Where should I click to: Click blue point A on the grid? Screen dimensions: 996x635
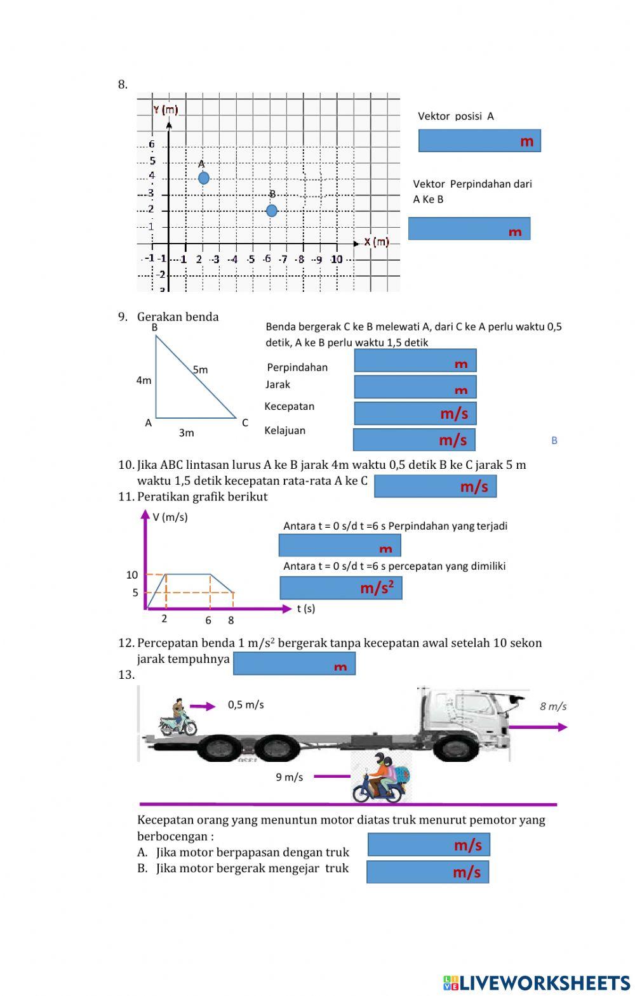coord(203,178)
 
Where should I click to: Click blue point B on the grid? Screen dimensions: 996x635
coord(272,210)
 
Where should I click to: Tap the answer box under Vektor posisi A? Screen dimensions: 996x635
coord(479,140)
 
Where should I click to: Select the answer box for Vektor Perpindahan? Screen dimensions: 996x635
coord(469,228)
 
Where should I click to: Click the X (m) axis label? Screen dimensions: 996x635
coord(377,242)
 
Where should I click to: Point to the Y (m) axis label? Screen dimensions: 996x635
coord(165,110)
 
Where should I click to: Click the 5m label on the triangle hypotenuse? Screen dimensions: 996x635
coord(200,369)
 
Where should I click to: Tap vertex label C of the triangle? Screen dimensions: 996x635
coord(245,423)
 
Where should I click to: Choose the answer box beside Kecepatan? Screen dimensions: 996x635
coord(415,413)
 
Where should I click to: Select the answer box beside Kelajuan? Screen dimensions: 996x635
coord(414,440)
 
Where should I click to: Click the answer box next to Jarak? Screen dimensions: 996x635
coord(415,387)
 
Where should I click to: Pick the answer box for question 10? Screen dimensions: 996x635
coord(435,486)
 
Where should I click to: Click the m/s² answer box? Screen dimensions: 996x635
coord(341,588)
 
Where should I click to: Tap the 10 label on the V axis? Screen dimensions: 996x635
coord(131,575)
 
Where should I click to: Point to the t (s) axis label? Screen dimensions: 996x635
coord(305,608)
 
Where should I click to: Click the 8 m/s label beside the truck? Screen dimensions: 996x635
coord(553,706)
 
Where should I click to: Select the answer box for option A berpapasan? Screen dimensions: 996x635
coord(429,844)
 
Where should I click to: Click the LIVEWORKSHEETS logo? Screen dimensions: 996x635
coord(537,983)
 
